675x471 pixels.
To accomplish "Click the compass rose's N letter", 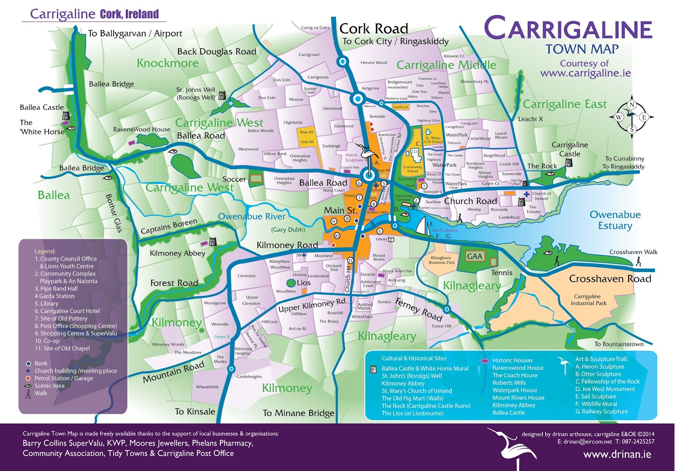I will point(632,105).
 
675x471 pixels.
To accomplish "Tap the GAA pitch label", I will point(475,256).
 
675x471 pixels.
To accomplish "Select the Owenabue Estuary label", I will point(615,220).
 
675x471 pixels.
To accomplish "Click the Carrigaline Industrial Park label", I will point(589,300).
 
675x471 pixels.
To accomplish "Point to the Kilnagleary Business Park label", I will point(441,260).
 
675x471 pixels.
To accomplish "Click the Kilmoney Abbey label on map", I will point(177,253).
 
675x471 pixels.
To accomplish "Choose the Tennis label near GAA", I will point(502,273).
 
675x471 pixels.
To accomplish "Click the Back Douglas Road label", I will point(216,51).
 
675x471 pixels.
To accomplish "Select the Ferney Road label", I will point(418,309).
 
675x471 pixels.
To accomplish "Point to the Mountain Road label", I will point(173,372).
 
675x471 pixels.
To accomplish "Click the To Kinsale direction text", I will point(195,411).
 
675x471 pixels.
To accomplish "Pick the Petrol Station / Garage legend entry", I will point(63,378).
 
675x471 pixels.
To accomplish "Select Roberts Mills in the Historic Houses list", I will point(509,383).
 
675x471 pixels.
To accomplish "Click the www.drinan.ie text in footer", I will point(617,455).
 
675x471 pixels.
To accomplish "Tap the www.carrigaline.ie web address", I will point(586,73).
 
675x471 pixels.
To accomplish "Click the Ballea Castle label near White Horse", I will point(42,107).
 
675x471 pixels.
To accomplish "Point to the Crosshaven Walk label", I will point(633,252).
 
